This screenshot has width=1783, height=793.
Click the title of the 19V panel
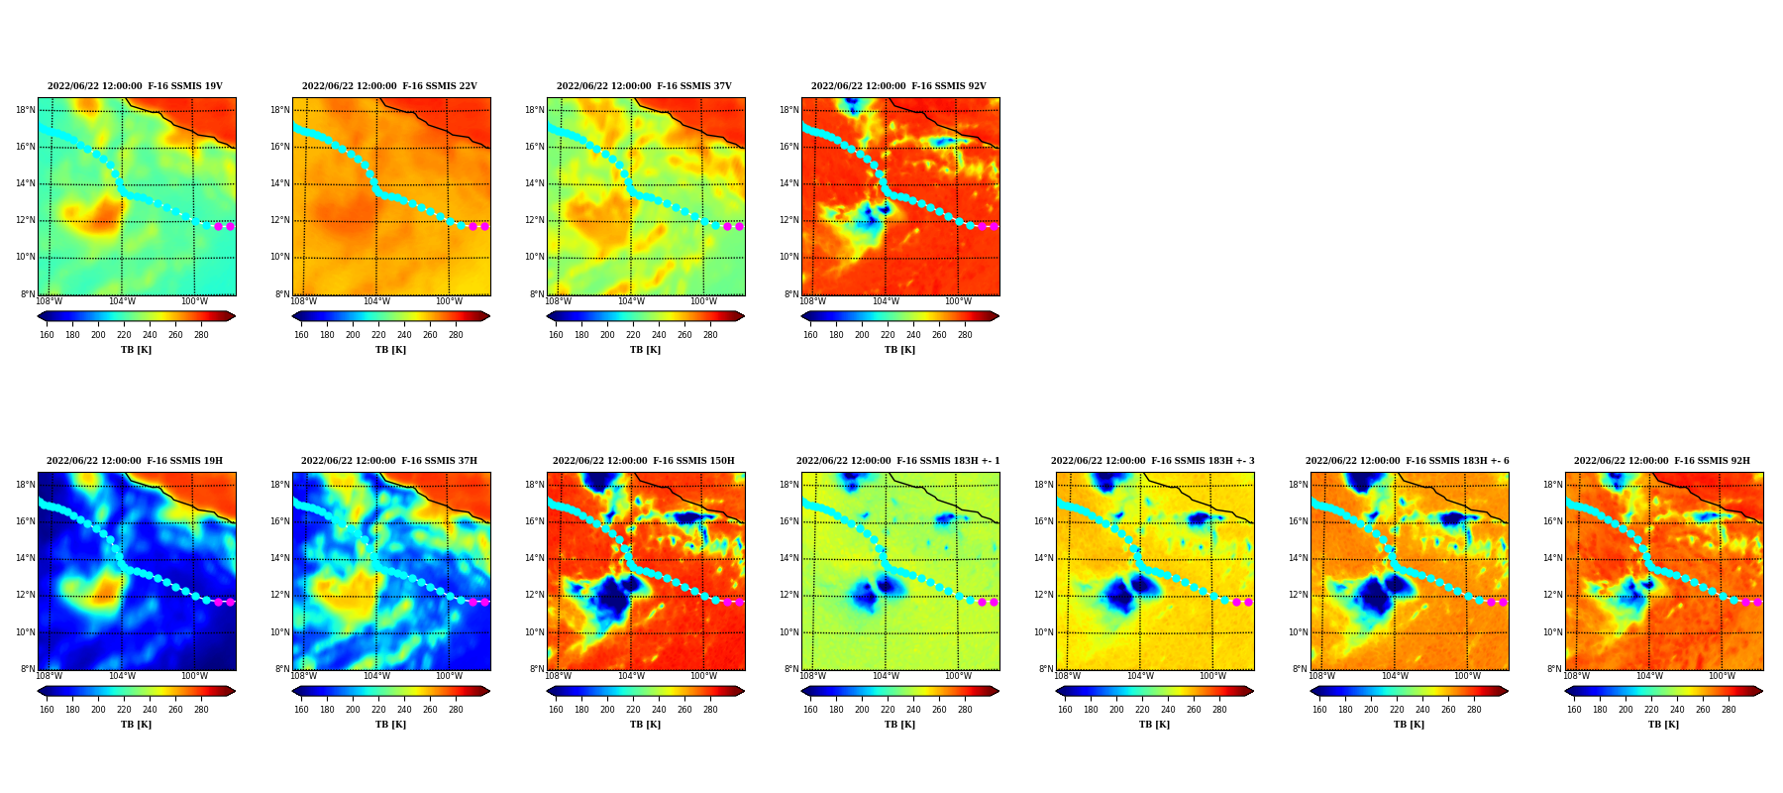(x=135, y=86)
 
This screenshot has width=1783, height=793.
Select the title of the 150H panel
(x=644, y=461)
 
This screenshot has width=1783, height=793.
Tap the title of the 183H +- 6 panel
(x=1408, y=461)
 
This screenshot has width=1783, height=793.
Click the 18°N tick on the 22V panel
(x=280, y=110)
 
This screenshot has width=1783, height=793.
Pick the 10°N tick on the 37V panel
(x=535, y=257)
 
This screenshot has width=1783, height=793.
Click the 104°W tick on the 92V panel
(x=886, y=301)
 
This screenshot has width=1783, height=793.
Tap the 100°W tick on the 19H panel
(x=194, y=676)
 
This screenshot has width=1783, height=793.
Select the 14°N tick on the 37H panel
(x=280, y=558)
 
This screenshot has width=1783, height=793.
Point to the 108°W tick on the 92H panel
(x=1577, y=676)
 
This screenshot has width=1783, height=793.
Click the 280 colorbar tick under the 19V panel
(x=201, y=334)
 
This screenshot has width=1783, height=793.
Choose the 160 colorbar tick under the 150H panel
(x=556, y=709)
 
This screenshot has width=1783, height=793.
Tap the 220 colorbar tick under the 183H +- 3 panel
(x=1142, y=709)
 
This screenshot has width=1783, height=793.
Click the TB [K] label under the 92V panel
(x=899, y=349)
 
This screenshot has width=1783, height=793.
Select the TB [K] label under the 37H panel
(x=390, y=724)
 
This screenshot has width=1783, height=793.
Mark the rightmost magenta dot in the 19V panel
(x=230, y=226)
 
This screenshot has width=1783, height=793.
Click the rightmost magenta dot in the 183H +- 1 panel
(x=994, y=602)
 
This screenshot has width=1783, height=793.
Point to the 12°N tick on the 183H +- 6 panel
(x=1299, y=595)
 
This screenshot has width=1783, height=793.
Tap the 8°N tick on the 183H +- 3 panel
(x=1046, y=669)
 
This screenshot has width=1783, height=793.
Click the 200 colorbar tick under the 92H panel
(x=1626, y=709)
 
